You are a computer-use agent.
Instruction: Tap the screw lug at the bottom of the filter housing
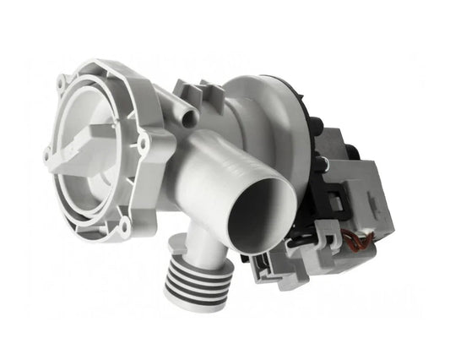125,223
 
